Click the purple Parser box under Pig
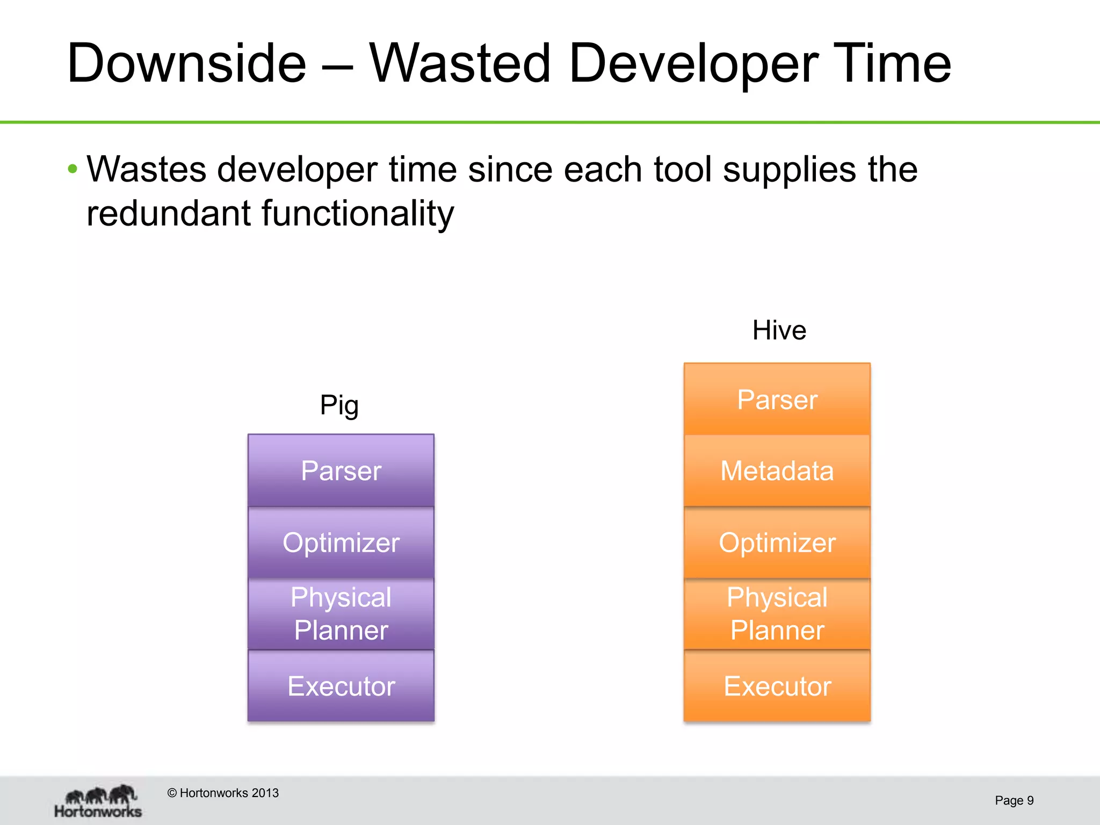(x=341, y=471)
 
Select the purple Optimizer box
(x=341, y=542)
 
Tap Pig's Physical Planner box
(x=341, y=613)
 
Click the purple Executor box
(x=341, y=685)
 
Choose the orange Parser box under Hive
(x=777, y=400)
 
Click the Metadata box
(x=777, y=471)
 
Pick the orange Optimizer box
(x=777, y=542)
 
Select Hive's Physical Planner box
(x=777, y=613)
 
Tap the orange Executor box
(x=777, y=685)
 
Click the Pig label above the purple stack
(x=339, y=405)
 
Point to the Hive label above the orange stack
(x=779, y=330)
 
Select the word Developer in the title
(x=693, y=64)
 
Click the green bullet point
(x=73, y=170)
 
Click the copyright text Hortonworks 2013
(x=223, y=793)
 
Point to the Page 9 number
(x=1014, y=800)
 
